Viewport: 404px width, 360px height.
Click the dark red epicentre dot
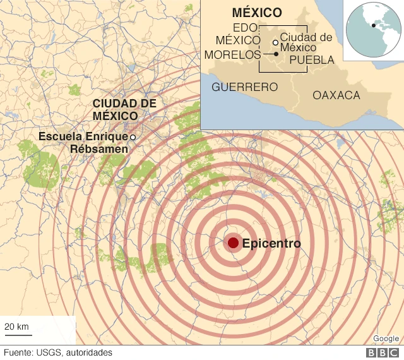[233, 243]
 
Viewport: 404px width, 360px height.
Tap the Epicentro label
[271, 243]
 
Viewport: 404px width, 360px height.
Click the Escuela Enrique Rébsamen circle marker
[133, 137]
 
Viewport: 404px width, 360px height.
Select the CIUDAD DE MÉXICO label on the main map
[124, 110]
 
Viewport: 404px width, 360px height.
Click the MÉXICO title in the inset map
[256, 13]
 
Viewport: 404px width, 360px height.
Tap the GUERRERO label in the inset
[244, 87]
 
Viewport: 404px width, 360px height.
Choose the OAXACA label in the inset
[336, 95]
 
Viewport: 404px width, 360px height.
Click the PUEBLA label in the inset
[312, 60]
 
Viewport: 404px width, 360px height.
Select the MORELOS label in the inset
[231, 54]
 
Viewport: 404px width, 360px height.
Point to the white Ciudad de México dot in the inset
[275, 42]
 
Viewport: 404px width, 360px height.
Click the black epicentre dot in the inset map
[276, 54]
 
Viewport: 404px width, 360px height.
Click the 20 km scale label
[17, 327]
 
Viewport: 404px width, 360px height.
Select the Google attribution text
[386, 339]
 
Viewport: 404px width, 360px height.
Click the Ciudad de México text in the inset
[306, 42]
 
